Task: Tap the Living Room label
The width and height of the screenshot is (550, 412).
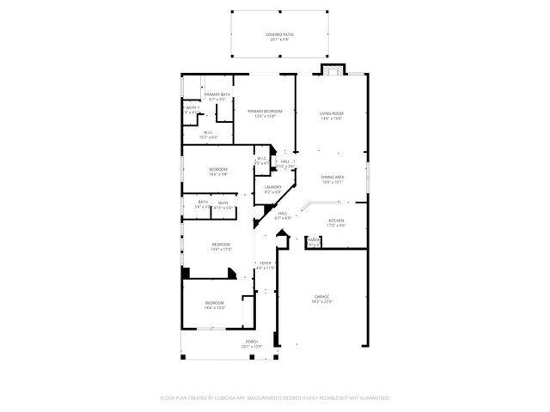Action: pos(332,113)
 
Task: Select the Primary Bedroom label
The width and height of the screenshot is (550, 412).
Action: pos(265,111)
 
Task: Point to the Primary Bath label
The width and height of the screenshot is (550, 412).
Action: pos(217,94)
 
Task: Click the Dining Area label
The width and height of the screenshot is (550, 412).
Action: pos(333,177)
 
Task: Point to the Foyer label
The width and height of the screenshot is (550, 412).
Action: pos(266,264)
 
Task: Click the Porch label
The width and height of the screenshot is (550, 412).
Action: pos(252,342)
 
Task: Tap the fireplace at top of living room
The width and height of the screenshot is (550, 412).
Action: pos(332,69)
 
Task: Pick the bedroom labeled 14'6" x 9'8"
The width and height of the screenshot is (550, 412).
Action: pos(218,171)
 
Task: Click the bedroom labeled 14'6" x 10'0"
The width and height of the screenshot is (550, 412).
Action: pos(215,304)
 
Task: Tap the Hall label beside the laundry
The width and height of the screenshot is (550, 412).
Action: pos(284,162)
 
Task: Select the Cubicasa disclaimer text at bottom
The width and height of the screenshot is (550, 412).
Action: pos(275,397)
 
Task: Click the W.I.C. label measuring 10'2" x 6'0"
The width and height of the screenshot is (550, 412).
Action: pos(209,134)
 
